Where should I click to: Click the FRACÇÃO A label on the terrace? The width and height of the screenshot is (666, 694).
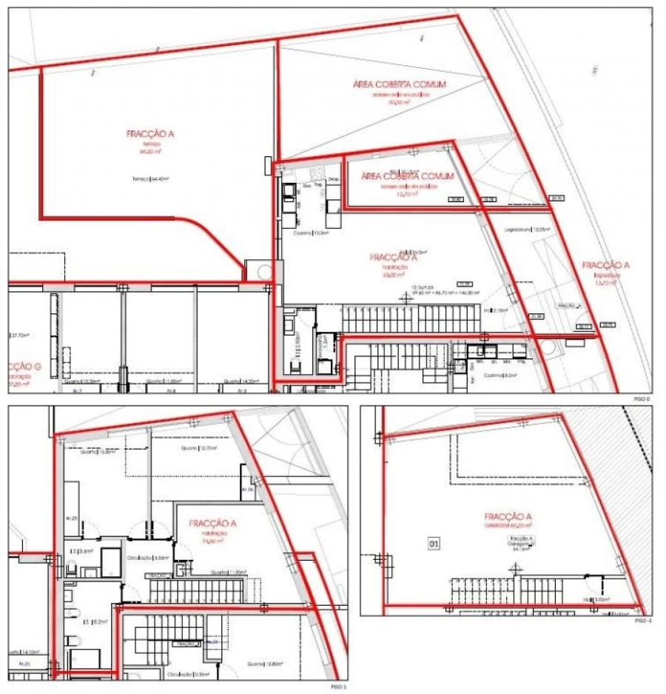point(149,134)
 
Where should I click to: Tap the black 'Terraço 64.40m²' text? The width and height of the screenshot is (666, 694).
point(147,178)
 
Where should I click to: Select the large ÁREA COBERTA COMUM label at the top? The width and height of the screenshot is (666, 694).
point(400,84)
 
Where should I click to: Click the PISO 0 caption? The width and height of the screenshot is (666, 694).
point(642,398)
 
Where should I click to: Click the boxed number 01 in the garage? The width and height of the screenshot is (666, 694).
point(434,544)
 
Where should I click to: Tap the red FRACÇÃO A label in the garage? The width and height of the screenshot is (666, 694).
point(508,516)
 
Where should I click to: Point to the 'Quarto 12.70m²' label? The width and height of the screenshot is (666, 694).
point(197,448)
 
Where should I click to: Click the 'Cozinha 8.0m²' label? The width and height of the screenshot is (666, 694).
point(499,376)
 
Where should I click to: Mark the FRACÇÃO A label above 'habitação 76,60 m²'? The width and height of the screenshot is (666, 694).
point(212,524)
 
